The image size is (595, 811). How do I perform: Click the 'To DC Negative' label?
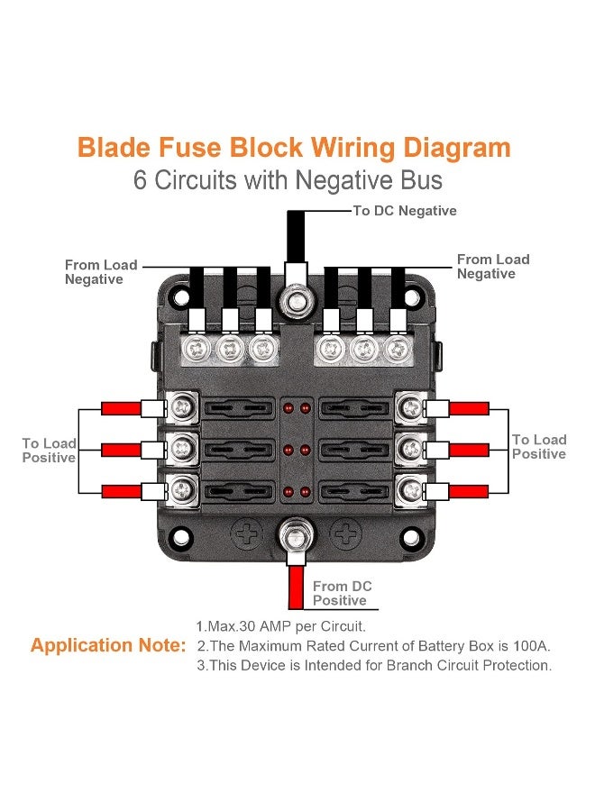[x=404, y=211]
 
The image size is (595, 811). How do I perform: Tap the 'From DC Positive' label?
[x=342, y=593]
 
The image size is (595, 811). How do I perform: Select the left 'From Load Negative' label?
[x=100, y=272]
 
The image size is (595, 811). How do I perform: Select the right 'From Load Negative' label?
[x=493, y=267]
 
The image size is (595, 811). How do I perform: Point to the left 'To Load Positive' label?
[x=49, y=451]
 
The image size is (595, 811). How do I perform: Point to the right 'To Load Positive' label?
[x=539, y=447]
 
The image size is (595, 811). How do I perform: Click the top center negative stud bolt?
[x=293, y=302]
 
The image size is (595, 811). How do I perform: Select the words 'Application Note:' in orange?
[x=108, y=645]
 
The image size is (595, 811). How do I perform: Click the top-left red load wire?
[x=121, y=409]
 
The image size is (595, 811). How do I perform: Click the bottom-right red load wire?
[x=469, y=491]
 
